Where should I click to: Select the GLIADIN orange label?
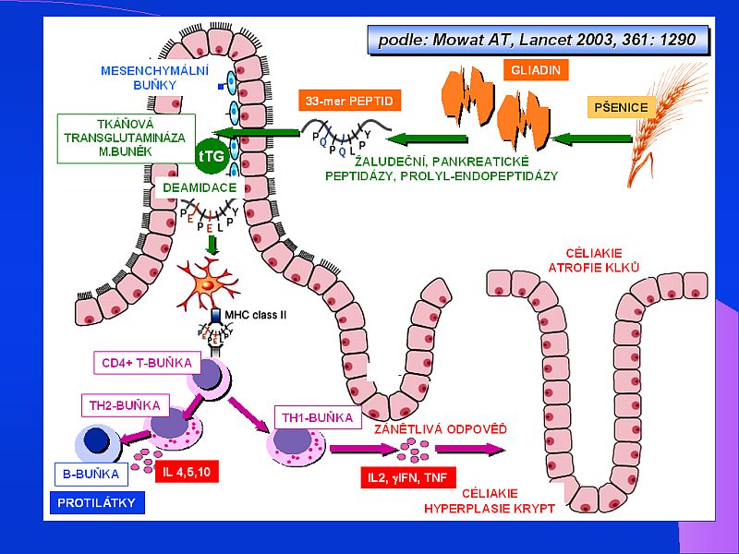(537, 69)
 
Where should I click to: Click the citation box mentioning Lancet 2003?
(538, 40)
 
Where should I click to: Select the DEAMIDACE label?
(199, 187)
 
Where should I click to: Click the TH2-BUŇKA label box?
(126, 405)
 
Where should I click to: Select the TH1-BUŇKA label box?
(316, 417)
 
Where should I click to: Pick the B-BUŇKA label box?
(91, 475)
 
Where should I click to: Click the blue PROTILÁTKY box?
(96, 503)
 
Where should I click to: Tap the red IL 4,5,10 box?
(186, 473)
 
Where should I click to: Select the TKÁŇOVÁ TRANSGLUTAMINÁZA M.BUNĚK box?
(127, 138)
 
